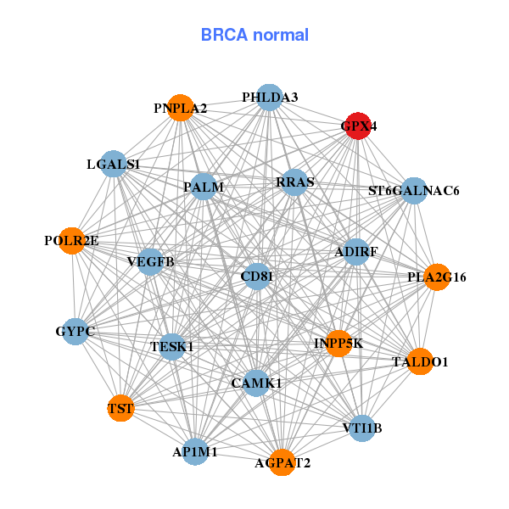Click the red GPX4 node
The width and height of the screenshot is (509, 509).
click(358, 126)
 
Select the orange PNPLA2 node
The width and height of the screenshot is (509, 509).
click(180, 108)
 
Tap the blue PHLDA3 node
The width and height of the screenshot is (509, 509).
click(269, 98)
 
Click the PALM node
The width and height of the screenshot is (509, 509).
click(204, 186)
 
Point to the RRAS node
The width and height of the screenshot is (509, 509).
click(294, 182)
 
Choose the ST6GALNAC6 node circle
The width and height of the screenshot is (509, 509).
click(413, 191)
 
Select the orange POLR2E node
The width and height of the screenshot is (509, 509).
click(72, 241)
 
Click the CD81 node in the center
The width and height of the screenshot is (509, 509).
click(257, 277)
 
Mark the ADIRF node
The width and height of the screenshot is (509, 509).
click(356, 252)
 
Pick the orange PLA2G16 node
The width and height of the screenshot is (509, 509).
click(437, 277)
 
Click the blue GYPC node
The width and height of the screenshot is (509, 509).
click(76, 330)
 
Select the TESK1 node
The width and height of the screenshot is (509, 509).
click(172, 346)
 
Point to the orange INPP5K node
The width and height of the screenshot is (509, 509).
click(338, 344)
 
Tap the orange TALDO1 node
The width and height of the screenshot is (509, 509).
click(420, 362)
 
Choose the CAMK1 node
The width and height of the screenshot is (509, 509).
click(256, 383)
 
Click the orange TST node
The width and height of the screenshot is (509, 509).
click(120, 409)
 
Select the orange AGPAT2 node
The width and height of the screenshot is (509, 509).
click(282, 462)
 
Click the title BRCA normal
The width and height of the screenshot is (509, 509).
click(255, 35)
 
